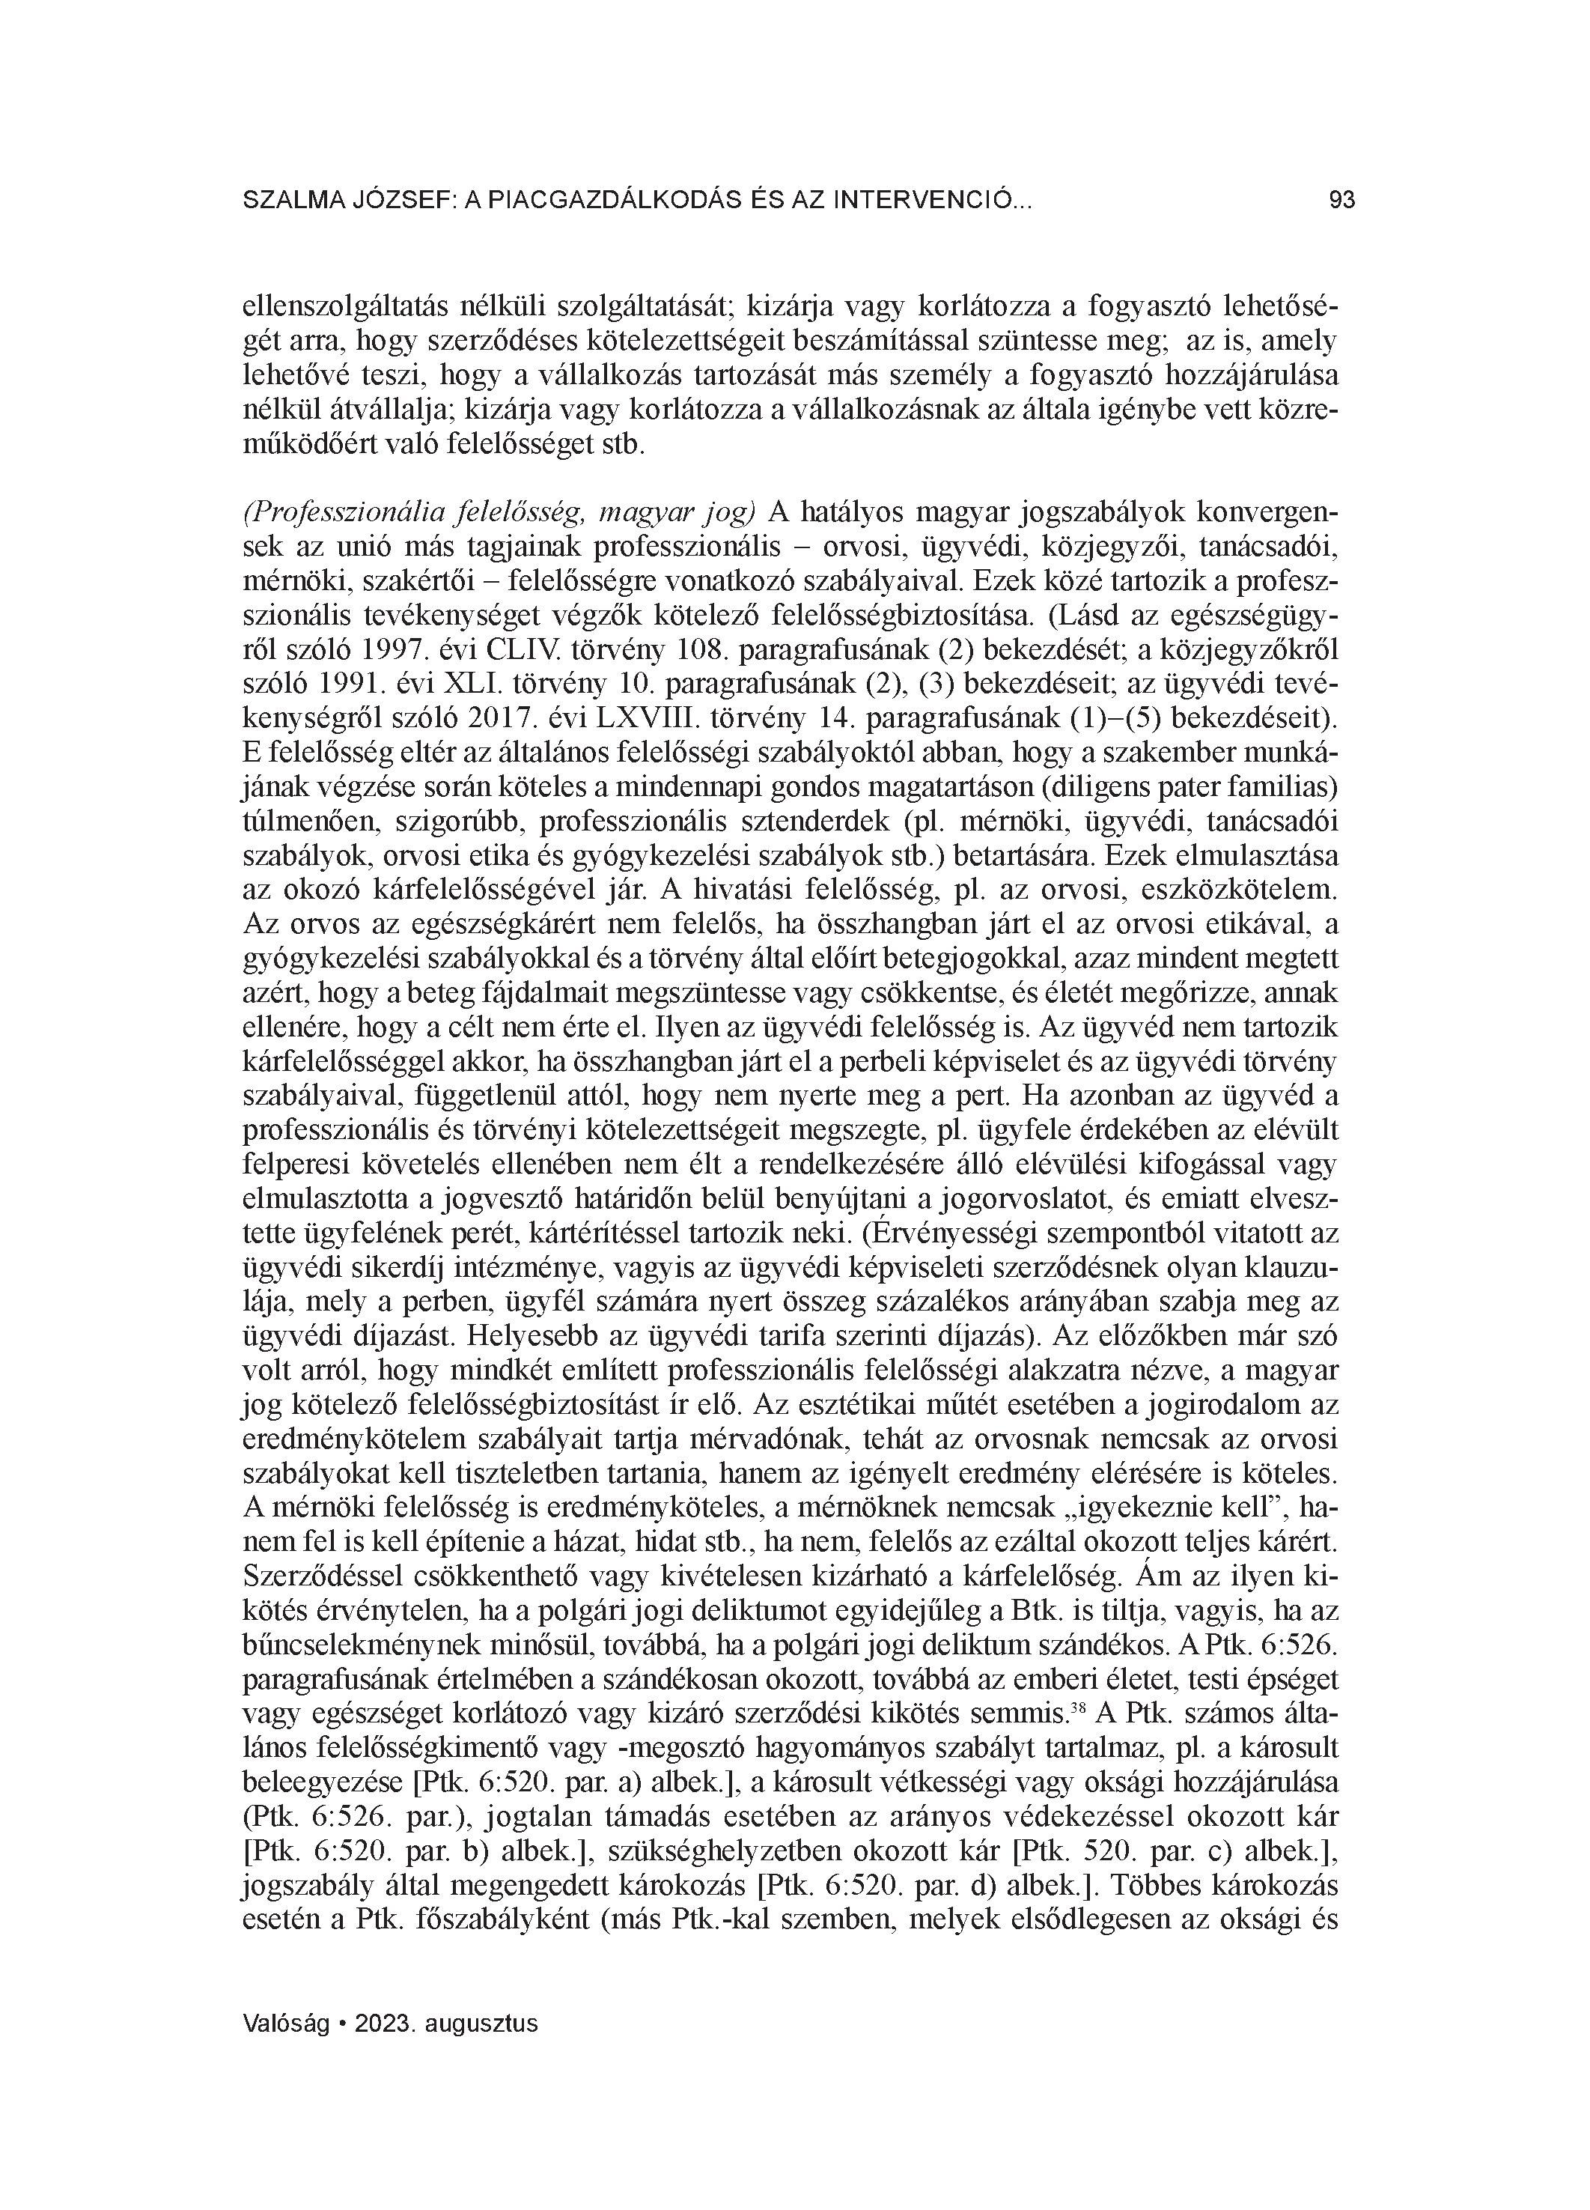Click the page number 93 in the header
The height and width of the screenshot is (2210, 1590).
coord(1341,201)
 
